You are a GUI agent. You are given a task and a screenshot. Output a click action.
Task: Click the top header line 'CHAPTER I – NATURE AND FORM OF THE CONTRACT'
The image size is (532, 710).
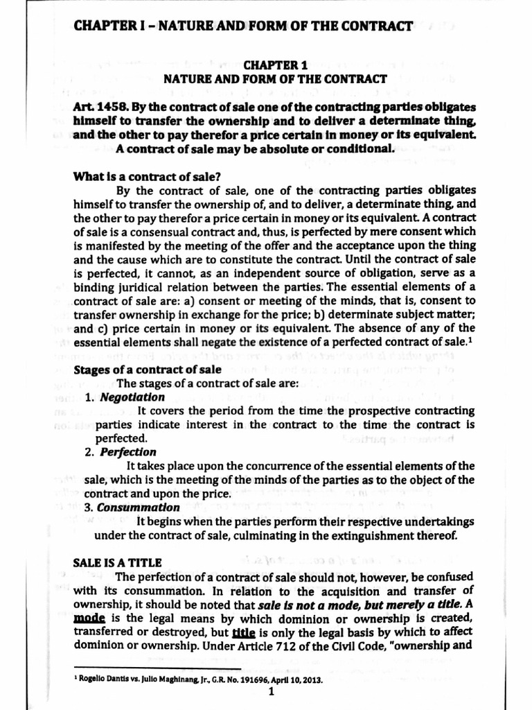click(x=243, y=27)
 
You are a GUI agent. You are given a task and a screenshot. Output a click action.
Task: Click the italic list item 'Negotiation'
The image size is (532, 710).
click(x=132, y=397)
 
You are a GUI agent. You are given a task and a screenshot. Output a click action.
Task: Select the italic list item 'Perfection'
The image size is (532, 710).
click(x=128, y=452)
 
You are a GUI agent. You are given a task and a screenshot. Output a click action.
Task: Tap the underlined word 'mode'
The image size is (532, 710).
click(x=87, y=617)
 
